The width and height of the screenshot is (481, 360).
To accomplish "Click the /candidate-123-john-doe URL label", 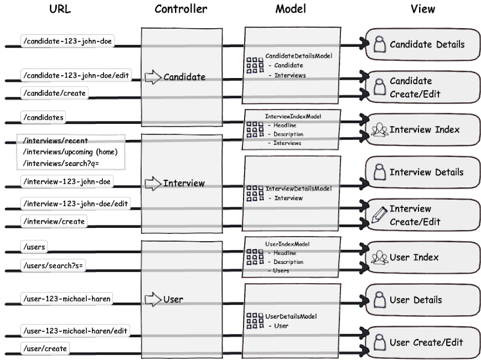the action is [67, 41].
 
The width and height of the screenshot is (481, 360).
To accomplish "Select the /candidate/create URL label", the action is [55, 93].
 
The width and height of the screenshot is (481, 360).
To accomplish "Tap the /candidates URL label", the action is [43, 117].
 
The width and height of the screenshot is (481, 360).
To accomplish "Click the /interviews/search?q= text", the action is [61, 163].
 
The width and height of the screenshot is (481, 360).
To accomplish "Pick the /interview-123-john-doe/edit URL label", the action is [76, 204].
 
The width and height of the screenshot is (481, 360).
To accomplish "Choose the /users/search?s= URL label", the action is [53, 266].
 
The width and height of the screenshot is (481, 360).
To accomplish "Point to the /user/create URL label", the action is [45, 349].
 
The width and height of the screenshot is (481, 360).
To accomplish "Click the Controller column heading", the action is [181, 9].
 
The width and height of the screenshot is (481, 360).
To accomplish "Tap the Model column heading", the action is [291, 9].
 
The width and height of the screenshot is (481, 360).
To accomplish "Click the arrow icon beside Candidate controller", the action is [153, 77].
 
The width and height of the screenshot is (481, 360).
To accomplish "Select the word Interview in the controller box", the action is [184, 183].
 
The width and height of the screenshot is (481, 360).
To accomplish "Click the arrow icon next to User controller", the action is [153, 299].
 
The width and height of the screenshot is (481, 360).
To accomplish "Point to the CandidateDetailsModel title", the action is [299, 56].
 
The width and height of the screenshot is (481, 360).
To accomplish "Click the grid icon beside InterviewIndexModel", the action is [255, 129].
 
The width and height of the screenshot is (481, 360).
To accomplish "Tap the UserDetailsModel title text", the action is [291, 316].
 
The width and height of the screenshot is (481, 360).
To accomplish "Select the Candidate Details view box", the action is [423, 44].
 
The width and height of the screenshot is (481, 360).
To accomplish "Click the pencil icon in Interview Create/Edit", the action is [379, 215].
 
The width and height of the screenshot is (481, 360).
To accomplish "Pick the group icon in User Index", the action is [379, 258].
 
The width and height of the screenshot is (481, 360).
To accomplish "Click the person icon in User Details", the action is [379, 299].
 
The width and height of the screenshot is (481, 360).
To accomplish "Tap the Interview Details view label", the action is [426, 172].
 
